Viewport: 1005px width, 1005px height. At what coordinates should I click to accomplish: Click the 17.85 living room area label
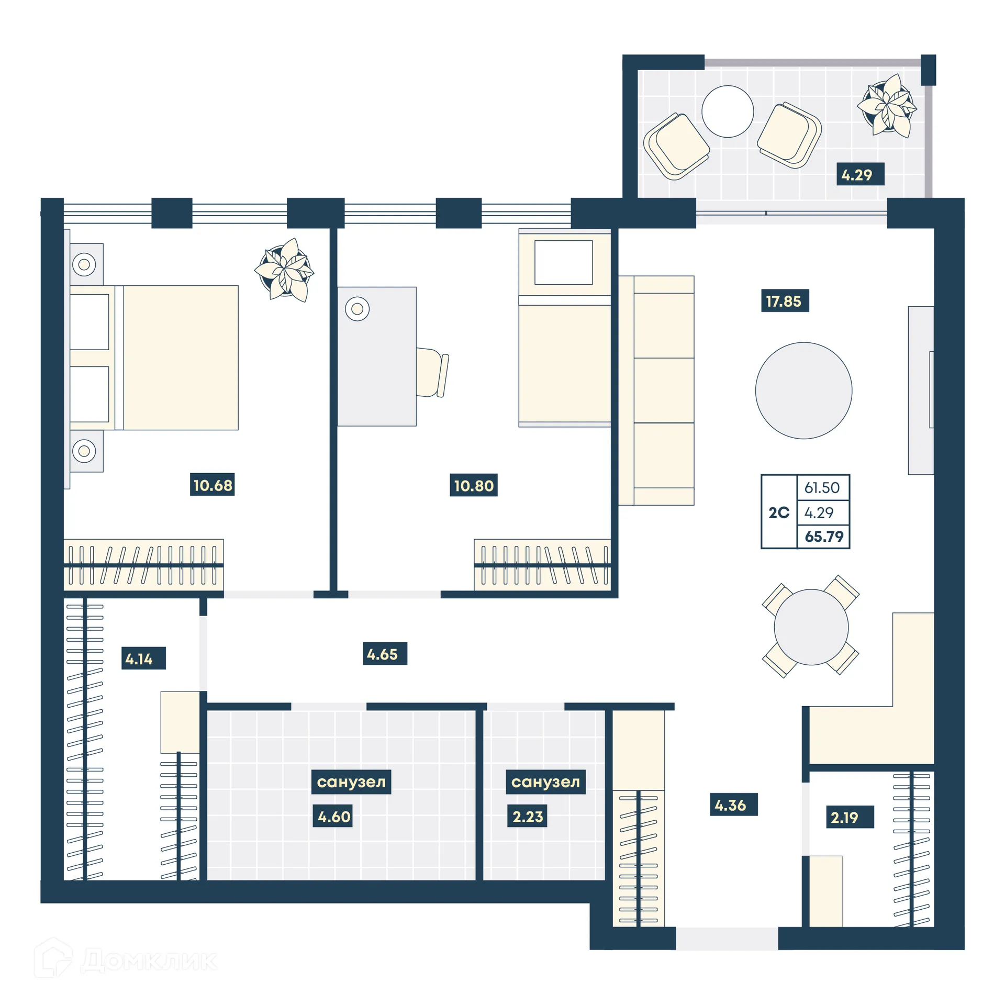(x=784, y=301)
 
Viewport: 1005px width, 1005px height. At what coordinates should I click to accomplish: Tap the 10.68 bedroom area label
(x=212, y=485)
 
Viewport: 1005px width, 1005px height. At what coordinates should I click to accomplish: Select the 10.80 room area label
(x=473, y=485)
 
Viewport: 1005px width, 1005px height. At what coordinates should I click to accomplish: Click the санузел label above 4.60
(x=351, y=782)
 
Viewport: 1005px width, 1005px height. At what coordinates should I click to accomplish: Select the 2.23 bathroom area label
(x=527, y=817)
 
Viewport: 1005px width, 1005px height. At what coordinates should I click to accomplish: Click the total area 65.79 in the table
(x=823, y=537)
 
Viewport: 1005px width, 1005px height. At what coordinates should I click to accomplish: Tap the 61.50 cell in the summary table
(x=822, y=487)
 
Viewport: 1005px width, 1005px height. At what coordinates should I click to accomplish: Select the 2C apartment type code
(x=778, y=512)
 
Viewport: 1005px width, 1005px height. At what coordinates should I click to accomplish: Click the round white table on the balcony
(x=727, y=111)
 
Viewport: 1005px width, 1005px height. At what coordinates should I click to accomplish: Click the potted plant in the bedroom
(x=284, y=270)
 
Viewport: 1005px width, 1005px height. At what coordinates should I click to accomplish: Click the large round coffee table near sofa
(x=803, y=390)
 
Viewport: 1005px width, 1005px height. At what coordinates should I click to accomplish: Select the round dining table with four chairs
(x=810, y=627)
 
